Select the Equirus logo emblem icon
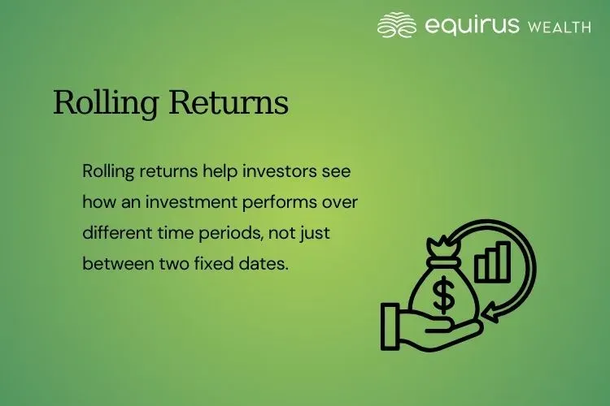(397, 25)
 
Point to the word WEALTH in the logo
(560, 27)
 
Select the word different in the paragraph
(115, 231)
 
